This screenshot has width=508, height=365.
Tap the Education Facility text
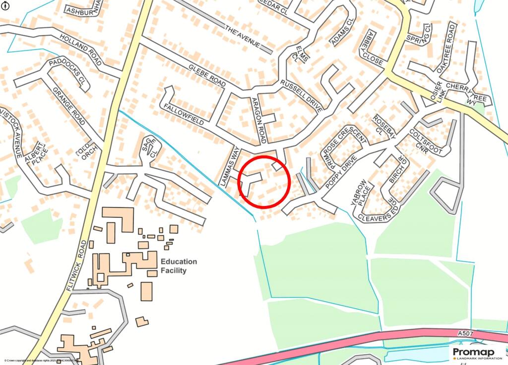tap(179, 266)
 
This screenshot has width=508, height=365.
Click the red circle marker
tap(264, 181)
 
